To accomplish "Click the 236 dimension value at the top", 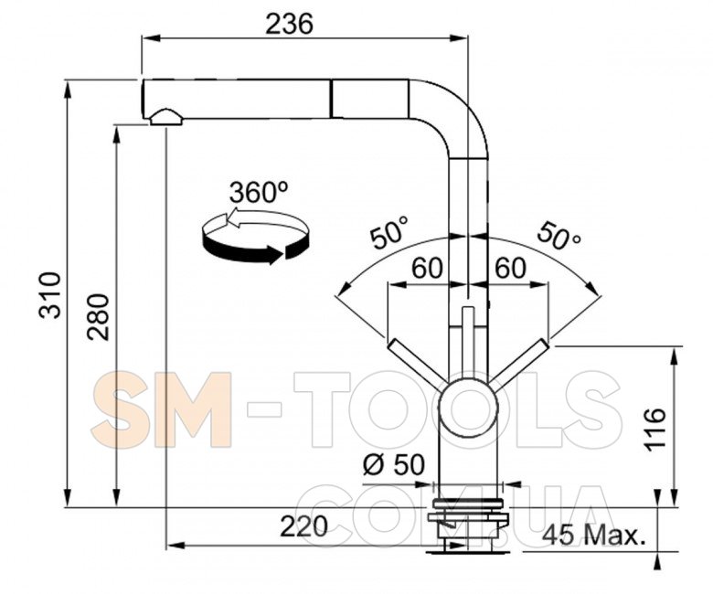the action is (x=289, y=24).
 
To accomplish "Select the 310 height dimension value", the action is (x=50, y=295).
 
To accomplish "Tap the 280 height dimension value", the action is (x=99, y=317).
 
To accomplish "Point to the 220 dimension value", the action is (x=303, y=526).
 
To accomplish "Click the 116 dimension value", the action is (x=655, y=430).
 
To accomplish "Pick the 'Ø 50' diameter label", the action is (x=394, y=464).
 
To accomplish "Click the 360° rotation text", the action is (x=259, y=192).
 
